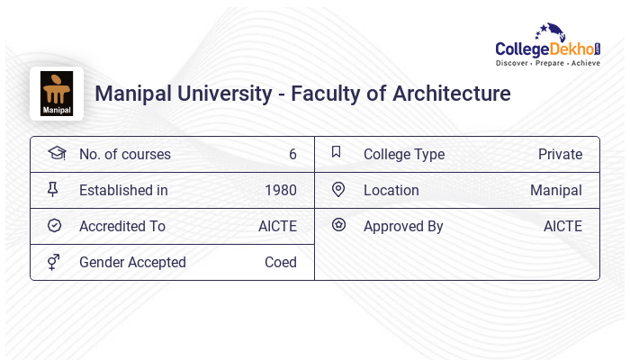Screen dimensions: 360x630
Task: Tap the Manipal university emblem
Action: (x=57, y=93)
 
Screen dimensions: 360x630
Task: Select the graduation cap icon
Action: (x=56, y=153)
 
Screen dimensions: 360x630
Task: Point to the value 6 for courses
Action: (x=292, y=155)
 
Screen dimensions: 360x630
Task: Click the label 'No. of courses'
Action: (x=124, y=155)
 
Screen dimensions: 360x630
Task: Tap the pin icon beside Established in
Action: (x=53, y=190)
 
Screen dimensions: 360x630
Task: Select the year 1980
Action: (x=281, y=191)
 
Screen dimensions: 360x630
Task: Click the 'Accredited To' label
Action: (x=122, y=227)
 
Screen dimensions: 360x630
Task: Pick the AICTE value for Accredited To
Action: (x=277, y=227)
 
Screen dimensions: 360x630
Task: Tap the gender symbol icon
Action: (x=54, y=262)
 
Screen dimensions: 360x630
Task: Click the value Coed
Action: (x=281, y=263)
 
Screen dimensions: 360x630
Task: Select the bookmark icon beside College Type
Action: (x=337, y=152)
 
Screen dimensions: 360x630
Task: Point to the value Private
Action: (x=560, y=155)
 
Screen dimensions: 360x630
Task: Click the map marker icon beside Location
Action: (x=338, y=190)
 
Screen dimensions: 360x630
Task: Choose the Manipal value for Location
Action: (x=556, y=191)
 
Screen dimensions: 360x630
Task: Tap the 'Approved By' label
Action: (x=403, y=227)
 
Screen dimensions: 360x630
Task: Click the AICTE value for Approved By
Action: (x=562, y=227)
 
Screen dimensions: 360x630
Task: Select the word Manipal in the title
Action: (x=134, y=94)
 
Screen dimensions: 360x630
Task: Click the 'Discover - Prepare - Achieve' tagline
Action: (x=547, y=64)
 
